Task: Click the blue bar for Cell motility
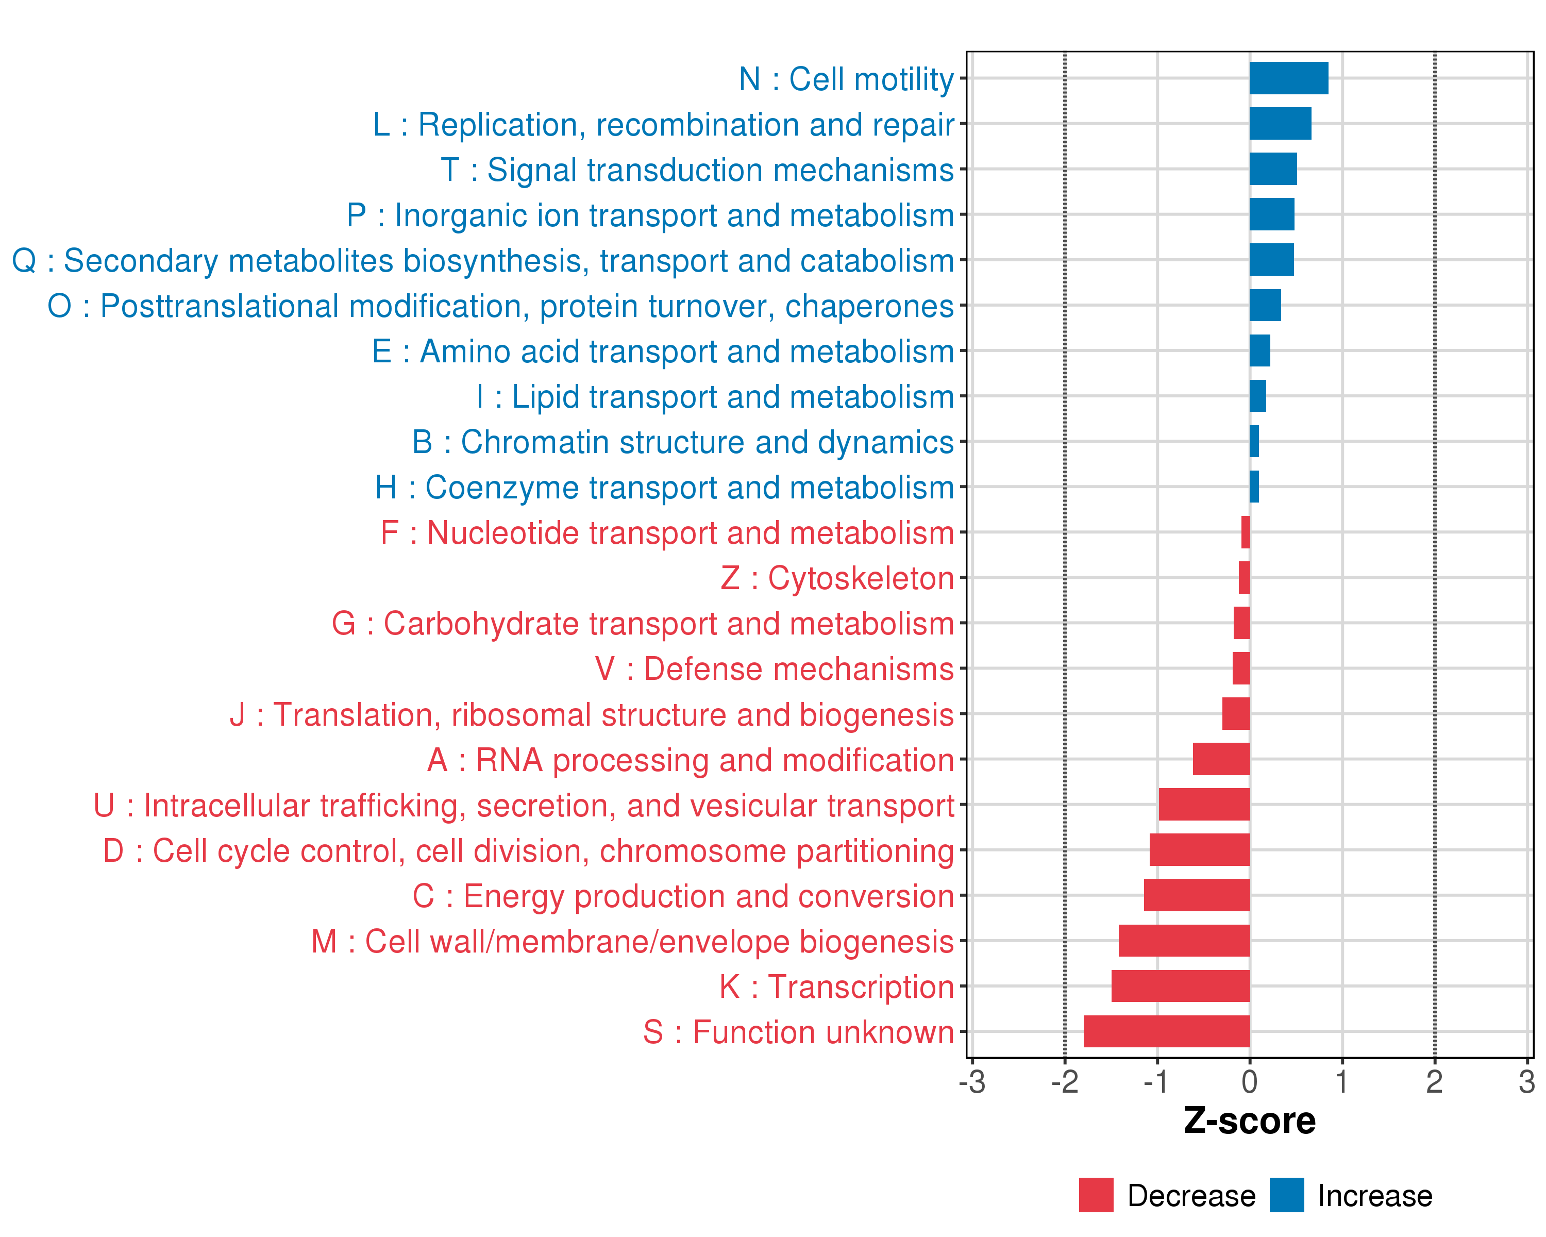pos(1288,78)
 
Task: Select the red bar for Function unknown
pos(1167,1031)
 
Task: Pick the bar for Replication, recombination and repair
pos(1280,123)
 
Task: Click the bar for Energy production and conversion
pos(1197,895)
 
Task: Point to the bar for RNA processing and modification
pos(1221,759)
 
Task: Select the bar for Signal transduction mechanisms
pos(1273,169)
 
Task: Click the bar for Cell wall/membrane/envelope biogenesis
pos(1184,940)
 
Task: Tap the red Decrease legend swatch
pos(1096,1195)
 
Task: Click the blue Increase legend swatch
pos(1286,1195)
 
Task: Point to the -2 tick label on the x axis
pos(1065,1081)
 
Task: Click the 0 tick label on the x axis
pos(1250,1081)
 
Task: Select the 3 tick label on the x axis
pos(1526,1081)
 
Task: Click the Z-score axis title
pos(1249,1120)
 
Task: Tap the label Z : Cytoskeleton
pos(837,578)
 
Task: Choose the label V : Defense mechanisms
pos(775,669)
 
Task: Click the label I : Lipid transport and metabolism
pos(715,396)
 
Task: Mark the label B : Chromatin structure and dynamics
pos(683,442)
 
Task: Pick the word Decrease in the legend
pos(1191,1195)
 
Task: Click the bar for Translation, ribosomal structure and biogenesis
pos(1235,713)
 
